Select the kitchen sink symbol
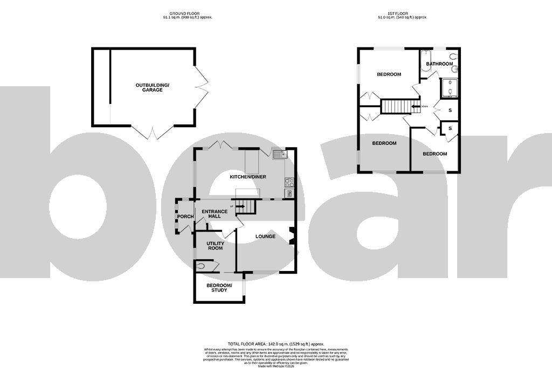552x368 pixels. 280,156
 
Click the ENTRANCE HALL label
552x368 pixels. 215,214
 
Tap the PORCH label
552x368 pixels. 185,217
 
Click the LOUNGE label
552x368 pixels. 265,237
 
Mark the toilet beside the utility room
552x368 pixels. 203,265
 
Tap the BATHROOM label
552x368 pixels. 439,64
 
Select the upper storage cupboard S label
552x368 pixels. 450,110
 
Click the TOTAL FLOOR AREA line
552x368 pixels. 275,343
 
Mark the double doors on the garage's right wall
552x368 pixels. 202,86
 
